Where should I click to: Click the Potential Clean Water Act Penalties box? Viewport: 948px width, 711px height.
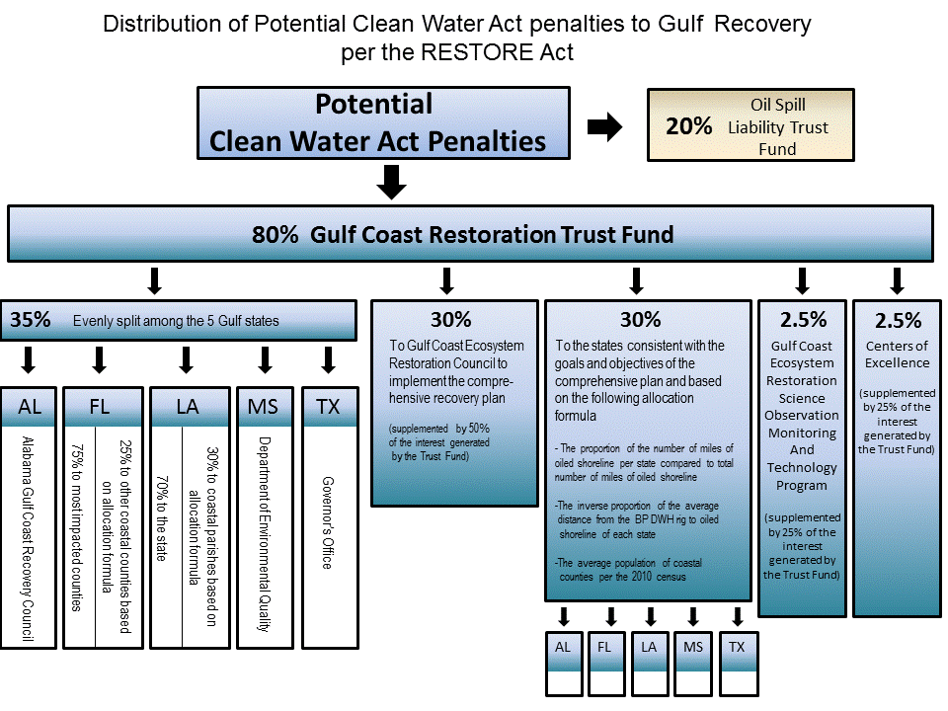(x=383, y=122)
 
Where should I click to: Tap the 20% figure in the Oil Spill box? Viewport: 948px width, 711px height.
(x=688, y=126)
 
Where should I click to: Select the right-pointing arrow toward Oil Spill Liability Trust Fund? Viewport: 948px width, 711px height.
(x=603, y=126)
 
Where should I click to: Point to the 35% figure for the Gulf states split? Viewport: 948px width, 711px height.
(x=31, y=320)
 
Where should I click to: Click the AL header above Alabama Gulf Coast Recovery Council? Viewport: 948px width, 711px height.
(x=29, y=407)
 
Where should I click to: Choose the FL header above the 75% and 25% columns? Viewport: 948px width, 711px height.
(x=99, y=407)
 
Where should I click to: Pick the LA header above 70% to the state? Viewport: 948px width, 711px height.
(x=186, y=407)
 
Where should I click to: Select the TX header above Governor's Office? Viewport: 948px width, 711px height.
(x=328, y=407)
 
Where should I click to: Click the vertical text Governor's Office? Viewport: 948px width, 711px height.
(x=327, y=523)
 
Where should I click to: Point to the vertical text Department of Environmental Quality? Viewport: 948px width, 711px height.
(x=264, y=533)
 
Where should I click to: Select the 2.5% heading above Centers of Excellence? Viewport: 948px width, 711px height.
(x=898, y=320)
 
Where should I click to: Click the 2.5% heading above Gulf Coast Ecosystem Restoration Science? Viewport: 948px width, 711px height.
(x=802, y=319)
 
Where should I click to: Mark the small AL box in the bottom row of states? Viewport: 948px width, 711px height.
(x=563, y=647)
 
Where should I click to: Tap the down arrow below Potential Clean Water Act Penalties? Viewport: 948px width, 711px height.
(x=393, y=181)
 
